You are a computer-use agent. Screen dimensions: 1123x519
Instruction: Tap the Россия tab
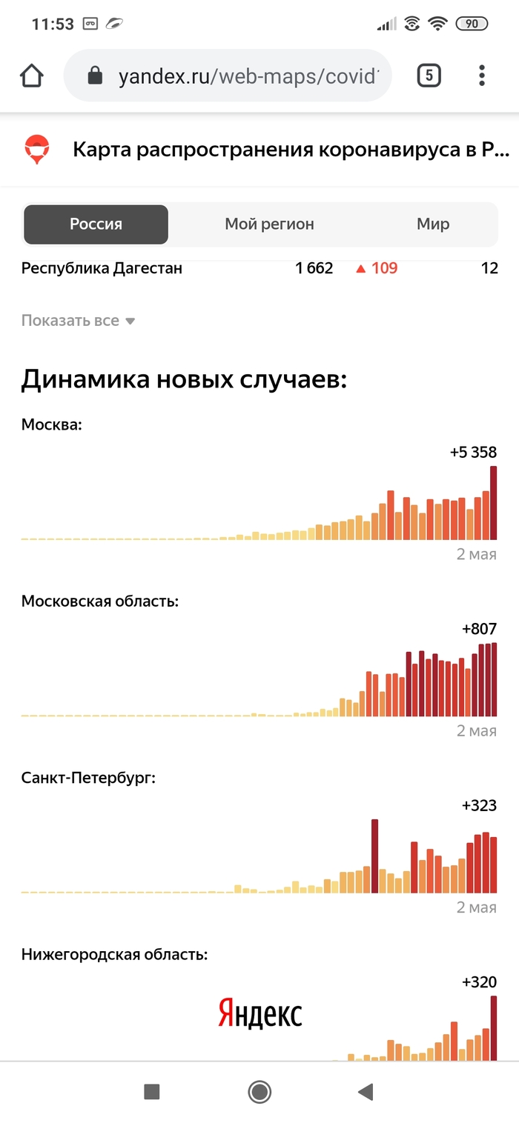tap(96, 224)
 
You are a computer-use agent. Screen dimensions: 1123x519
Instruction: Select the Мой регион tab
tap(269, 224)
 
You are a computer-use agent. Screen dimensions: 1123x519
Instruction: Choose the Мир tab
tap(433, 224)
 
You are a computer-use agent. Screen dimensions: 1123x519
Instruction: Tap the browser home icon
tap(31, 76)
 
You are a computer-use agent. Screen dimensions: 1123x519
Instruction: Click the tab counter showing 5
tap(429, 76)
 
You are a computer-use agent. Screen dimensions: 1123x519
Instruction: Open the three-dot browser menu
tap(482, 76)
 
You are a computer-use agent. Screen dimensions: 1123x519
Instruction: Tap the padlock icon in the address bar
tap(94, 76)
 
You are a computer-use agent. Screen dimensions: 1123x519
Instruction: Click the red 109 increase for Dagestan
tap(377, 268)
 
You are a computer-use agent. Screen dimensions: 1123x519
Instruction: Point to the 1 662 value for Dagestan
tap(314, 268)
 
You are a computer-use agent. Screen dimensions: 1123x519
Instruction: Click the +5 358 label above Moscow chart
tap(473, 452)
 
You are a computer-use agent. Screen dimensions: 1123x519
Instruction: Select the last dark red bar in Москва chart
tap(494, 502)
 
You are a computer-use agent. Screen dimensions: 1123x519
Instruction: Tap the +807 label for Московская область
tap(479, 629)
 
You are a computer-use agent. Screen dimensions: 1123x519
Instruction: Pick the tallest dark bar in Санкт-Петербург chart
tap(375, 856)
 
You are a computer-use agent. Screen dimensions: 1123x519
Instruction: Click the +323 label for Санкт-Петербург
tap(479, 805)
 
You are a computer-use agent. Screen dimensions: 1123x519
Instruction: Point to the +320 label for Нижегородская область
tap(479, 982)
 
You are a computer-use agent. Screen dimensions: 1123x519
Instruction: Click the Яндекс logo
tap(260, 1013)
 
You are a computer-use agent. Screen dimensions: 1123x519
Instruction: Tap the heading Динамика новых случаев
tap(184, 380)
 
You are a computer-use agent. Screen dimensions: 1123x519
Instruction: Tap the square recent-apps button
tap(152, 1091)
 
